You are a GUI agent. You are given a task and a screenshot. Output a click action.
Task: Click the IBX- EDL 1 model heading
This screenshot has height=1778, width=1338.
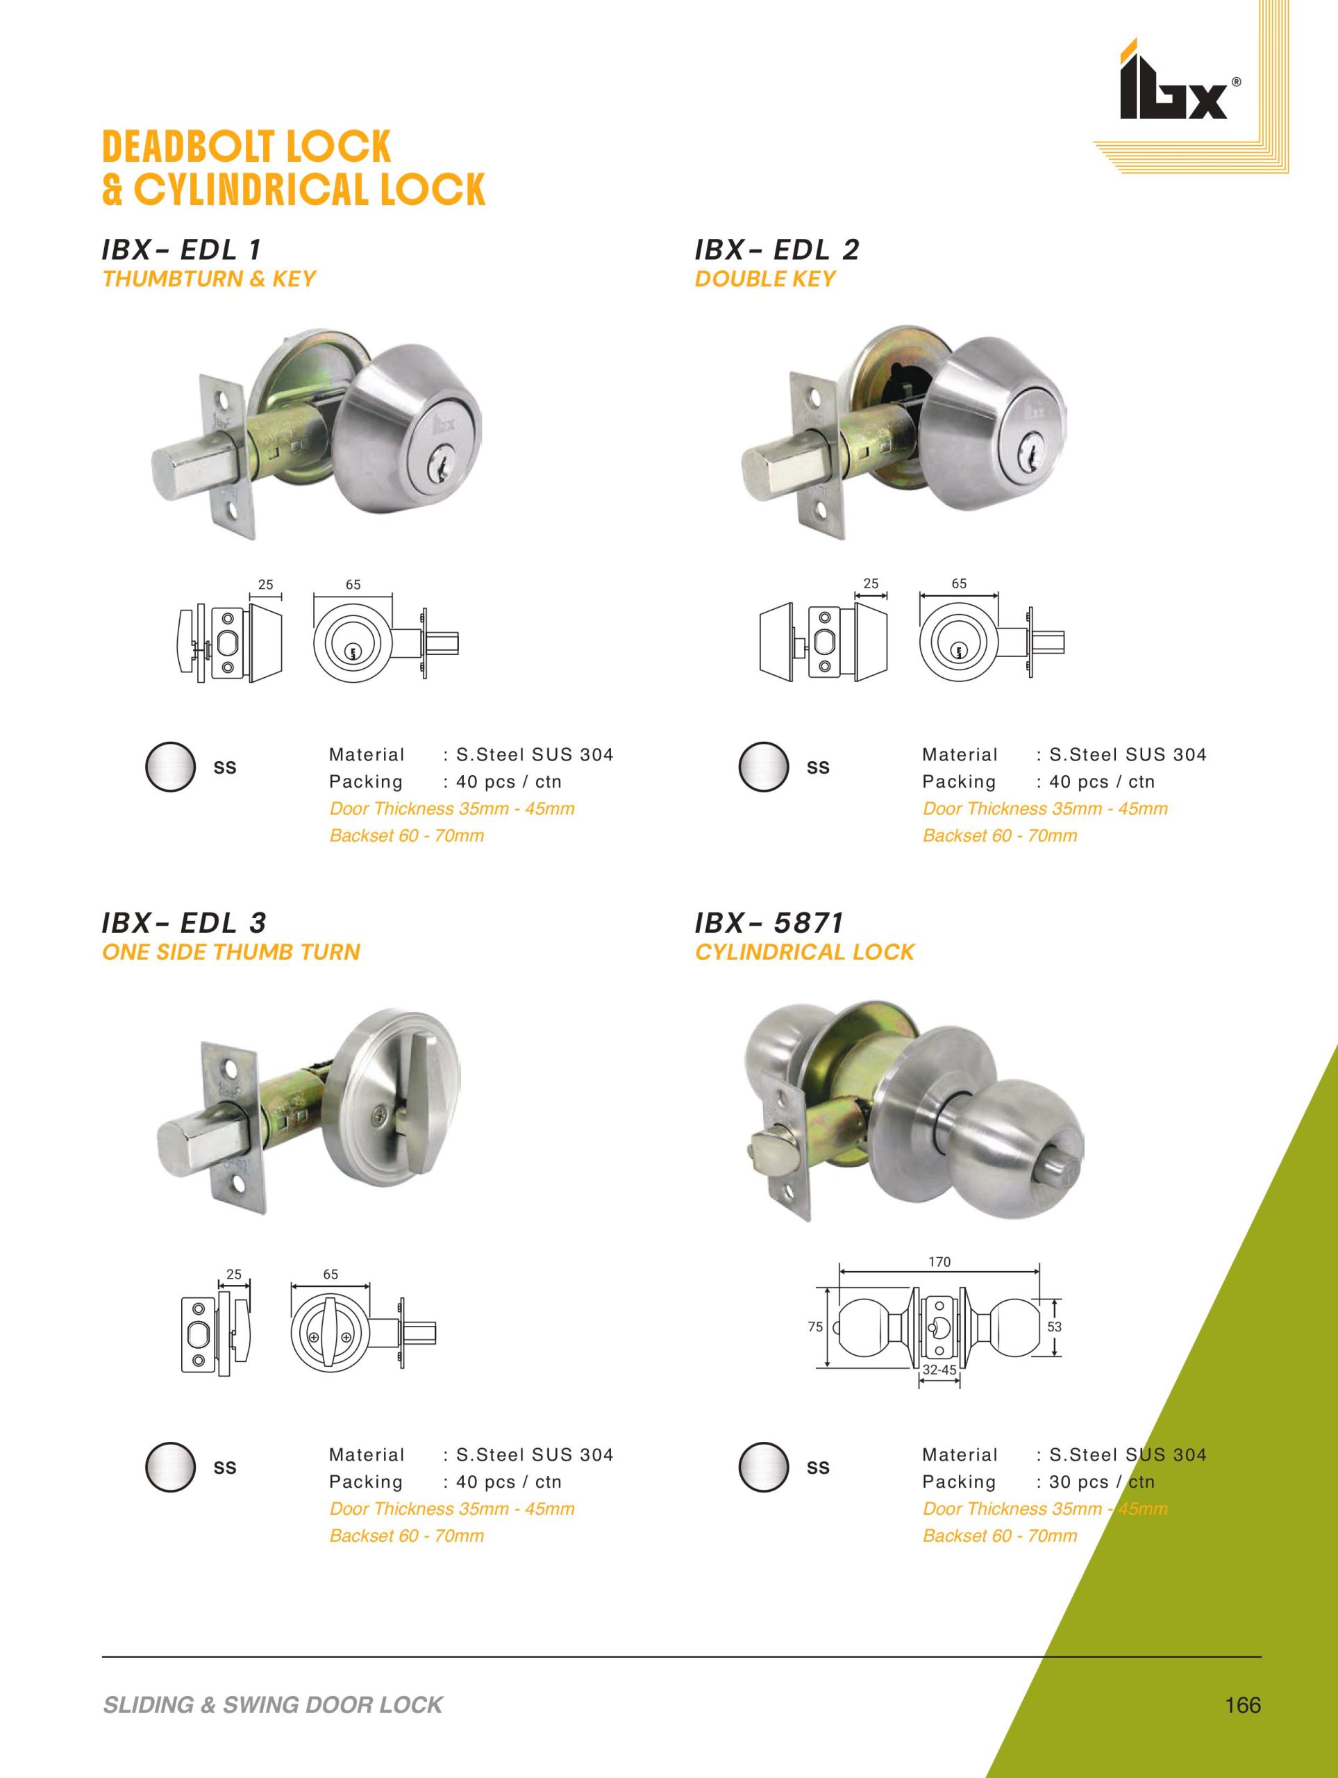click(183, 250)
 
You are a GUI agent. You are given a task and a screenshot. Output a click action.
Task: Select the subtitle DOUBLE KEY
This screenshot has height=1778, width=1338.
click(765, 279)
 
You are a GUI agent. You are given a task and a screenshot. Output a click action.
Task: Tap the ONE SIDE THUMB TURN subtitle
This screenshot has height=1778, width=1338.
click(231, 952)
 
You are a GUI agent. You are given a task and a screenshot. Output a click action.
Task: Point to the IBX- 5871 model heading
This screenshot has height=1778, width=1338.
click(769, 924)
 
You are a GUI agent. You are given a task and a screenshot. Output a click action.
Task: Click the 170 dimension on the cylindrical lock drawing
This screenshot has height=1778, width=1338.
click(939, 1263)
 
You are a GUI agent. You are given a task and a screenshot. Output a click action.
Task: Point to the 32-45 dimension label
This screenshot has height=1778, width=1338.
click(939, 1370)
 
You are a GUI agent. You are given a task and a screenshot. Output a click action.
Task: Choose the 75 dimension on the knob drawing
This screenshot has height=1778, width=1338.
click(816, 1327)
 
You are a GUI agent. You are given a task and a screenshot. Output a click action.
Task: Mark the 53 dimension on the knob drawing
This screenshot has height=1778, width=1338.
click(1054, 1327)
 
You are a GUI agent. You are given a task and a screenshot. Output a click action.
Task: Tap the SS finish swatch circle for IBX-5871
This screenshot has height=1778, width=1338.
click(763, 1467)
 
